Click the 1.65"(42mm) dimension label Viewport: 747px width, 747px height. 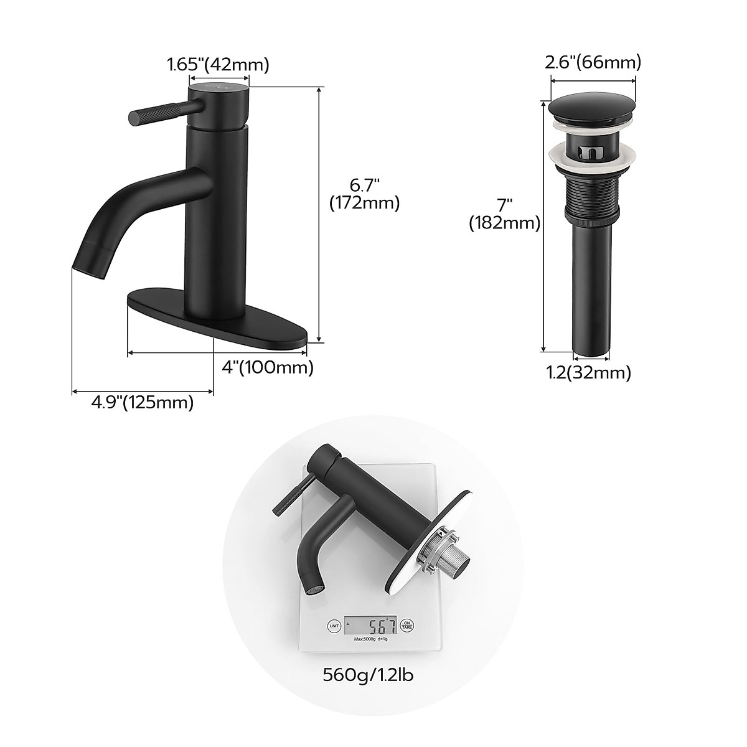[x=217, y=64]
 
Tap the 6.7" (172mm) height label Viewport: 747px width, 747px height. [x=364, y=194]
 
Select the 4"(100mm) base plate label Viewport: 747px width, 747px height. [x=268, y=368]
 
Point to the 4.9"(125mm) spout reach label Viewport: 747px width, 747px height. [x=143, y=403]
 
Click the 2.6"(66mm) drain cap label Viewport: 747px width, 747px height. [x=593, y=62]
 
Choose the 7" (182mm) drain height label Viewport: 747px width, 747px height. [x=504, y=214]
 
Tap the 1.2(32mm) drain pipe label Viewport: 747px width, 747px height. [x=588, y=373]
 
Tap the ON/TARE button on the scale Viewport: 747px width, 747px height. [x=406, y=624]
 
